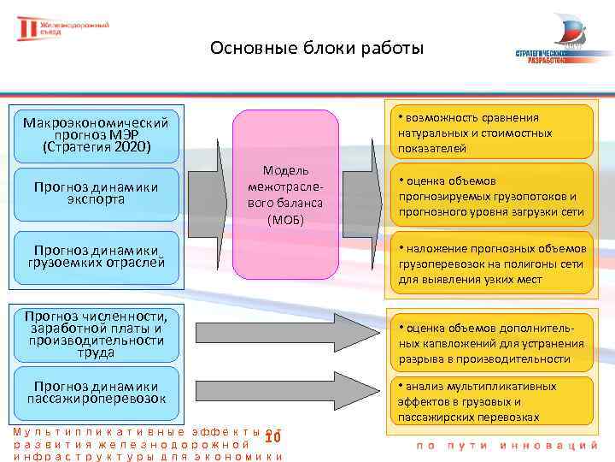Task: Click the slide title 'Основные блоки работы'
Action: coord(316,48)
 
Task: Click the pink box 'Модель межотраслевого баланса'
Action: coord(280,196)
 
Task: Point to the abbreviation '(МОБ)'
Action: coord(280,221)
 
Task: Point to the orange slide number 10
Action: coord(272,438)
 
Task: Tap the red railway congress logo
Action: coord(64,29)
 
